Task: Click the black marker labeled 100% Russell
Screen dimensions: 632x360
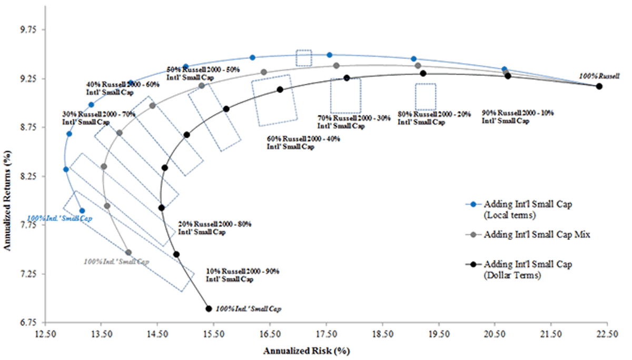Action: [599, 86]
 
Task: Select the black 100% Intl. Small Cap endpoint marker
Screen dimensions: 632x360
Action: [209, 309]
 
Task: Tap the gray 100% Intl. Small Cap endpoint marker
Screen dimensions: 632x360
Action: [129, 252]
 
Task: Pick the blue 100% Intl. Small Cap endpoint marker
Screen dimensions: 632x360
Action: [82, 211]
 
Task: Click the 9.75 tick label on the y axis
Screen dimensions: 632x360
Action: [28, 29]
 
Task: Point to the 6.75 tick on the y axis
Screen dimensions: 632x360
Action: [28, 323]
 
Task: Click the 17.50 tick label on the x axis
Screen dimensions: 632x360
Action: [327, 334]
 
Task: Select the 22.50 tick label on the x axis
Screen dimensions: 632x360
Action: [607, 334]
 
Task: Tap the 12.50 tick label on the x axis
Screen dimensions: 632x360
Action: [45, 334]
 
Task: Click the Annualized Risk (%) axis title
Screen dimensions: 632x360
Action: [307, 351]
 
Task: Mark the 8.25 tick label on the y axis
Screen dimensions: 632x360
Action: [28, 176]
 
